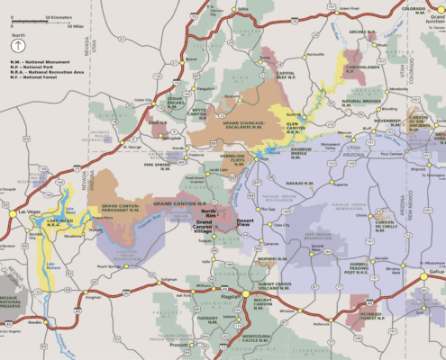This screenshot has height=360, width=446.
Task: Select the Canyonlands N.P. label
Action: [364, 67]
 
